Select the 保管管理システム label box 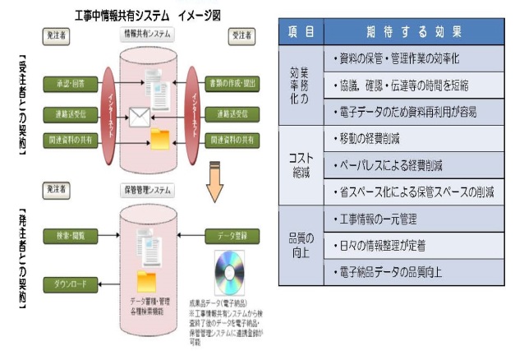tap(149, 191)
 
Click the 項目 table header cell tap(301, 31)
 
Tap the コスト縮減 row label tap(301, 167)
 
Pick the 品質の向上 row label tap(301, 246)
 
